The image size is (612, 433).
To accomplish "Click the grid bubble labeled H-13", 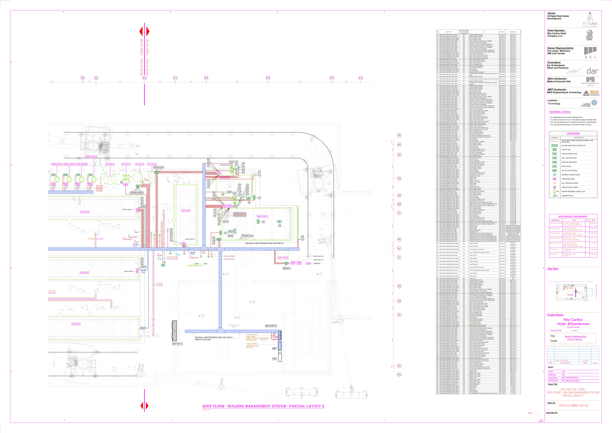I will [268, 78].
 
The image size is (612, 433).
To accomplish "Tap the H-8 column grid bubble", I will [83, 78].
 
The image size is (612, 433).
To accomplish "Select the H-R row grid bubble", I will [399, 135].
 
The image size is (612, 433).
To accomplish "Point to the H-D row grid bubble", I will [399, 375].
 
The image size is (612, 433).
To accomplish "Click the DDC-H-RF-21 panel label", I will [271, 326].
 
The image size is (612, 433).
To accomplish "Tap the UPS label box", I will [274, 359].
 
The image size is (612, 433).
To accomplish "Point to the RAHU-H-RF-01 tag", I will [262, 216].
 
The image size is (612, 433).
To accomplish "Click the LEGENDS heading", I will [573, 134].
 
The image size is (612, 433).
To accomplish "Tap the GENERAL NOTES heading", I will [560, 112].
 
